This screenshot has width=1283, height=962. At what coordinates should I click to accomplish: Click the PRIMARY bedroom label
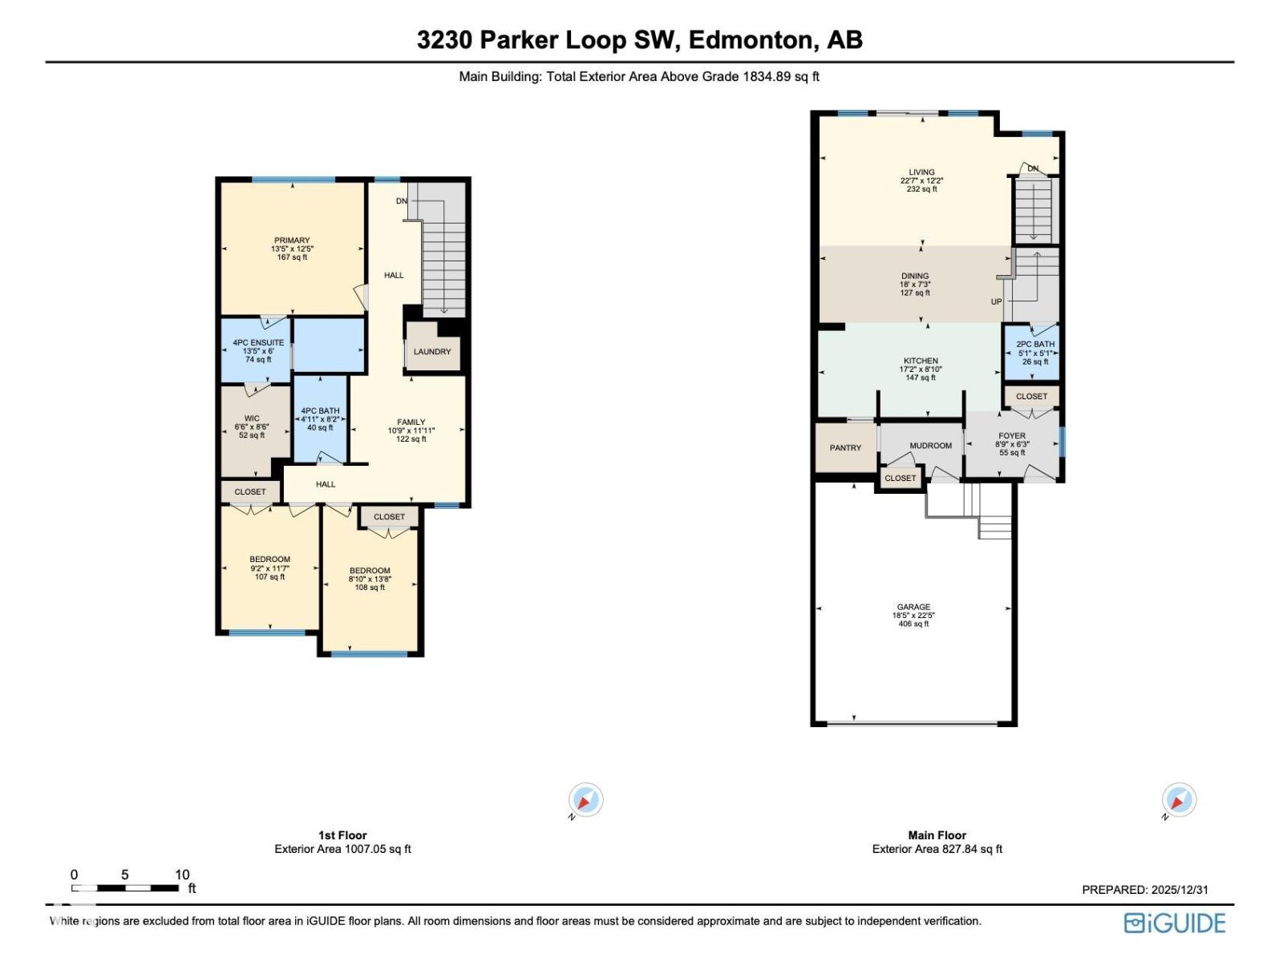(292, 240)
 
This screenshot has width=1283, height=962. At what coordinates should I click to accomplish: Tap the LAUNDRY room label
(432, 352)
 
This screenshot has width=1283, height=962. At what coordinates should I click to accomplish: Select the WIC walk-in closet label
(252, 418)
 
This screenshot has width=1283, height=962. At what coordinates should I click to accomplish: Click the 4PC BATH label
(320, 411)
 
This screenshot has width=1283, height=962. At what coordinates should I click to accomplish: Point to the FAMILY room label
(411, 422)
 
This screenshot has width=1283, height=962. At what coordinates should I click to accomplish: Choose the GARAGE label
(913, 607)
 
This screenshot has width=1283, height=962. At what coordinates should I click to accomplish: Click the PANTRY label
(845, 448)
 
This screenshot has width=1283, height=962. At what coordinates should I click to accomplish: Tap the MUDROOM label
(930, 446)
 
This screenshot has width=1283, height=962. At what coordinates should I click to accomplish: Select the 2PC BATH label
(1035, 345)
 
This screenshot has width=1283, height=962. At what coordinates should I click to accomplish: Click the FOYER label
(1012, 436)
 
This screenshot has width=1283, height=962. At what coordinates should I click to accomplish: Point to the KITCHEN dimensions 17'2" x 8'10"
(921, 370)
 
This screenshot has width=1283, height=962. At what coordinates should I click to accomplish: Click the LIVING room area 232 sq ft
(921, 189)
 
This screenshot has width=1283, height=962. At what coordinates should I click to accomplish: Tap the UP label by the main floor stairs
(996, 302)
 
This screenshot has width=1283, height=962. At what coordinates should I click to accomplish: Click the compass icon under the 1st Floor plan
(586, 800)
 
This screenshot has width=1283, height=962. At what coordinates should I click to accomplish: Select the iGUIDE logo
(1175, 924)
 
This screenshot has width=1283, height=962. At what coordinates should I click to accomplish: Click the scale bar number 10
(182, 875)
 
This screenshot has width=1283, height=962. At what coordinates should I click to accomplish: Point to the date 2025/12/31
(1179, 890)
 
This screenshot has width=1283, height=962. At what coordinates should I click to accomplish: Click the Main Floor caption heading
(937, 835)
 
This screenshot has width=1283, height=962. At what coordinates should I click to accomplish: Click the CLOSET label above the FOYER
(1031, 396)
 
